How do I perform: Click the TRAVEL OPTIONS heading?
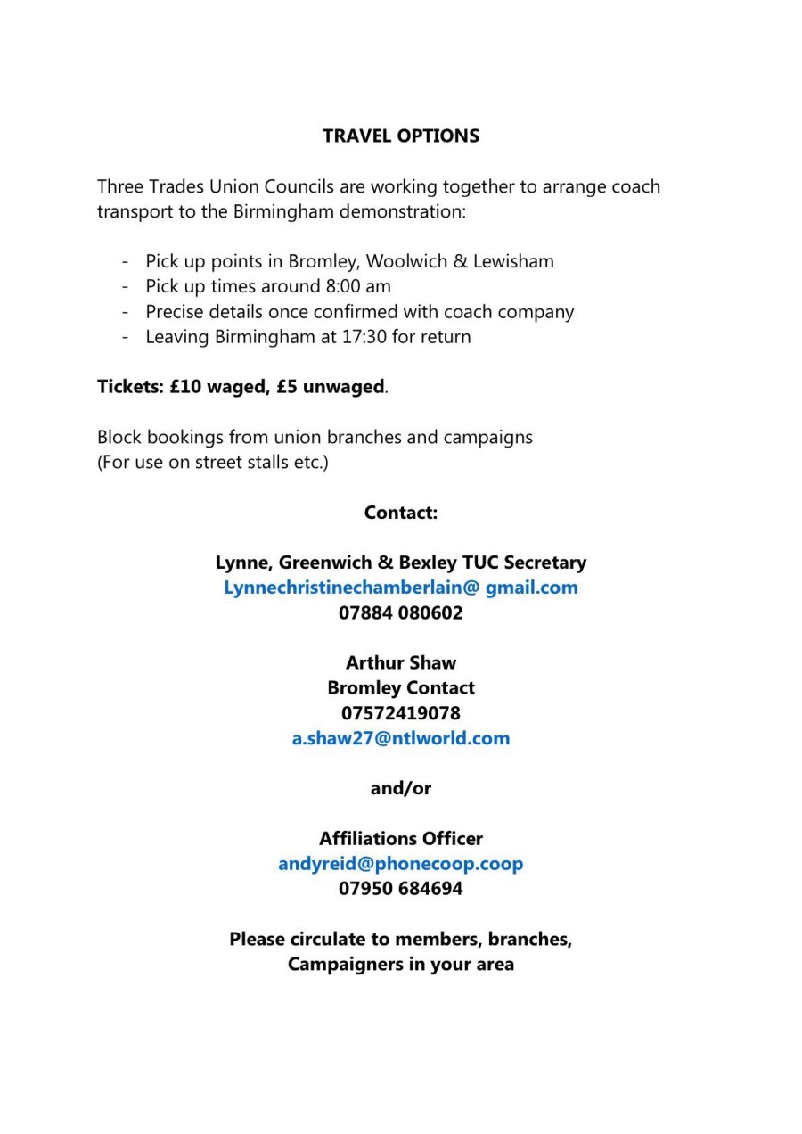[400, 136]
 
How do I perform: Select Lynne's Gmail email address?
[400, 588]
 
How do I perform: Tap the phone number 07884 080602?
[400, 613]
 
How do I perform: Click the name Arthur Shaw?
[400, 663]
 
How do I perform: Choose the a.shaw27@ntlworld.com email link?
[400, 739]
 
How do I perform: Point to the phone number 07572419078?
[400, 713]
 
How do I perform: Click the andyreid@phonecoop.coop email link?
[400, 864]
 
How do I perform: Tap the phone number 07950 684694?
[400, 889]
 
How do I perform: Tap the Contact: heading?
[400, 514]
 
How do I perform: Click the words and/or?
[400, 789]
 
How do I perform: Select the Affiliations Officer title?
[400, 839]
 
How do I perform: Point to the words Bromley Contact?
[400, 688]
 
